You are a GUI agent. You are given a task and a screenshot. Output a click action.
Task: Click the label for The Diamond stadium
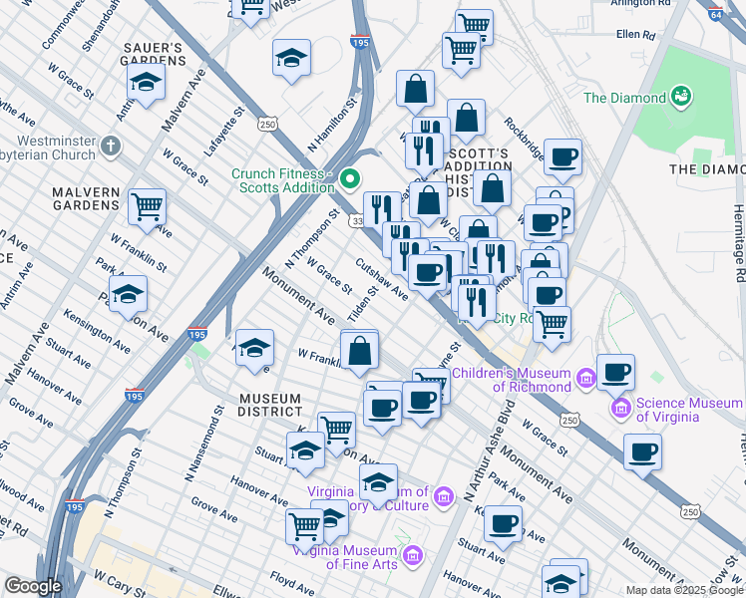pyautogui.click(x=624, y=98)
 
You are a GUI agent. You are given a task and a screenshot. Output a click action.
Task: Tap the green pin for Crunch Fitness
pyautogui.click(x=350, y=180)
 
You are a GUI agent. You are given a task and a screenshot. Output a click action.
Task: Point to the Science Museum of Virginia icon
pyautogui.click(x=621, y=409)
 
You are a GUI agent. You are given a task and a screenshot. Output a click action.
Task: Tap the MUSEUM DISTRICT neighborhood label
pyautogui.click(x=255, y=405)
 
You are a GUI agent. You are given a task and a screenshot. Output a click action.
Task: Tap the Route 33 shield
pyautogui.click(x=356, y=221)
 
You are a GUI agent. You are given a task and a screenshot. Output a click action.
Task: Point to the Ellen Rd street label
pyautogui.click(x=635, y=35)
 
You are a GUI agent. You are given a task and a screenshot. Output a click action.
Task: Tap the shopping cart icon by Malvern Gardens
pyautogui.click(x=148, y=207)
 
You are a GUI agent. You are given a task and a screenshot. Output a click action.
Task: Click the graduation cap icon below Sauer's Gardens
pyautogui.click(x=146, y=86)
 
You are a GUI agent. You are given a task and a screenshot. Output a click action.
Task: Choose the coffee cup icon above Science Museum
pyautogui.click(x=615, y=372)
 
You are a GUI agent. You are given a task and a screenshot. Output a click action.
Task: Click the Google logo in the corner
pyautogui.click(x=32, y=586)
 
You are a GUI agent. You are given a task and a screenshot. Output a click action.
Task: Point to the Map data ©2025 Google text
pyautogui.click(x=684, y=590)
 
